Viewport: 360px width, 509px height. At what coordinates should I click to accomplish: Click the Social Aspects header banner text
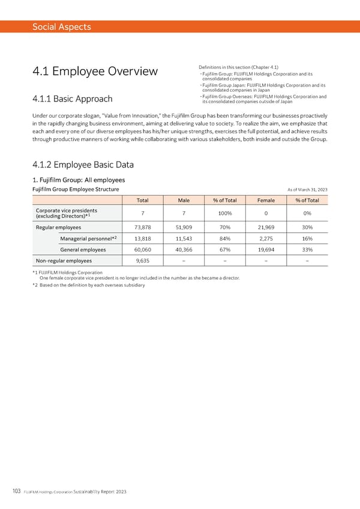coord(62,26)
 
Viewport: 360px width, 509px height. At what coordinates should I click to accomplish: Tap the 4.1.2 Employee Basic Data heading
coord(83,165)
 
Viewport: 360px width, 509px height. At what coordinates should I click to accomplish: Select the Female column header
coord(266,200)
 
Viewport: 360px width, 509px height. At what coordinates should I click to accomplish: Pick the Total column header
coord(143,200)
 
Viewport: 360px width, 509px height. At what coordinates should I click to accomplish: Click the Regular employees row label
coord(59,227)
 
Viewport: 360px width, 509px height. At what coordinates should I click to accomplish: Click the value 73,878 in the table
coord(143,227)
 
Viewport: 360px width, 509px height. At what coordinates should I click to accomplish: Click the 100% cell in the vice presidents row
coord(225,214)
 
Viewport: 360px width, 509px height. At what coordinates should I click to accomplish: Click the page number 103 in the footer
coord(16,490)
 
